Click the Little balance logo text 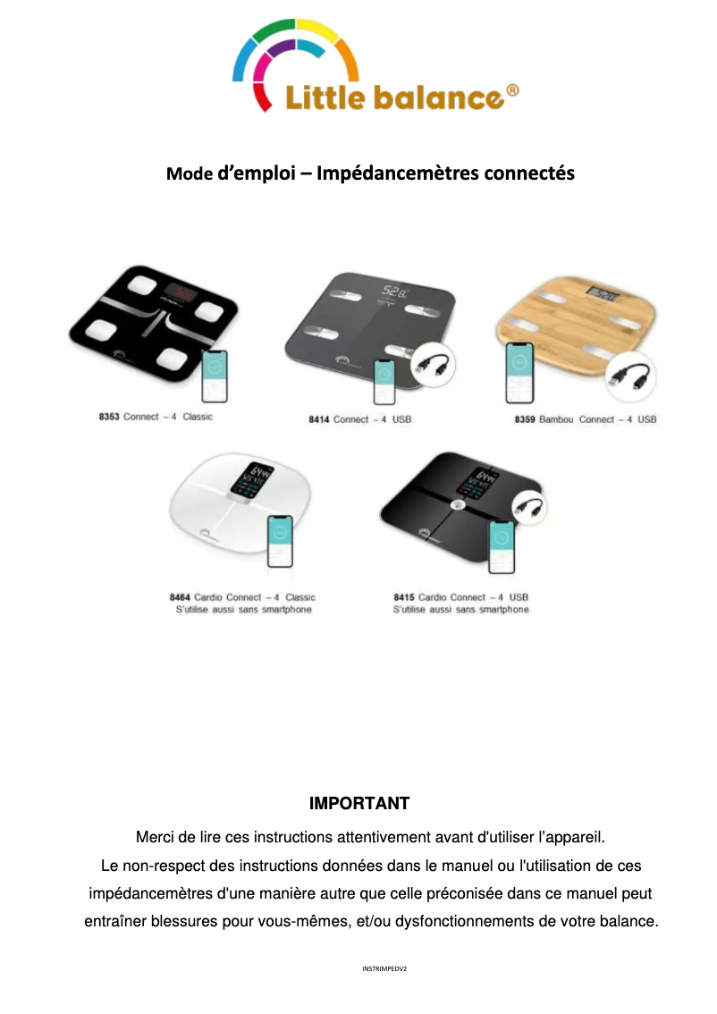point(393,97)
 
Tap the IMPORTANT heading point(358,803)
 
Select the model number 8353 point(109,418)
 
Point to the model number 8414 point(319,419)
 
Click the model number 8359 point(525,419)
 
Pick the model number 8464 point(180,597)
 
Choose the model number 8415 point(404,597)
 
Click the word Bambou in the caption point(556,419)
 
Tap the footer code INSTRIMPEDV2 point(384,968)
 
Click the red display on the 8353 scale point(183,292)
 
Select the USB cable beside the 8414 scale point(433,366)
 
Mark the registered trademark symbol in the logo point(512,90)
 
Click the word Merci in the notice point(154,838)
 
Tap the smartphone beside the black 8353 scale point(214,376)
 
